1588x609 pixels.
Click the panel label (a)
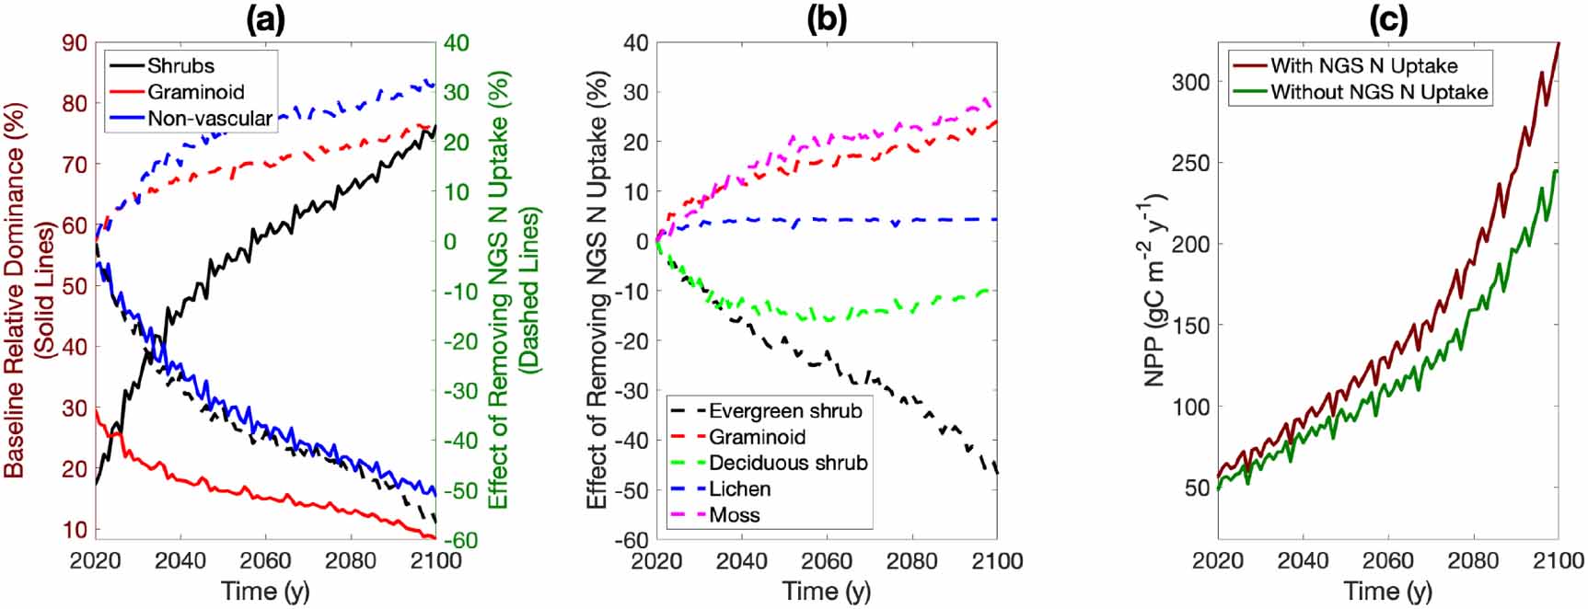click(x=265, y=20)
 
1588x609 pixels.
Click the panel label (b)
click(x=826, y=20)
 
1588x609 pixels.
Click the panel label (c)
click(x=1387, y=20)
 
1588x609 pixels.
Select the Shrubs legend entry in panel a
click(x=180, y=66)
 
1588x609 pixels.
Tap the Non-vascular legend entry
click(x=210, y=119)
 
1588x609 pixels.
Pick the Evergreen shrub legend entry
click(x=785, y=411)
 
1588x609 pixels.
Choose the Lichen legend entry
click(x=739, y=488)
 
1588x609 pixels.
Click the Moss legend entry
click(x=734, y=514)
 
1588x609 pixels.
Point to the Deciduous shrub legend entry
click(x=788, y=463)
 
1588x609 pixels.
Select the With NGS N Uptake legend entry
click(x=1364, y=66)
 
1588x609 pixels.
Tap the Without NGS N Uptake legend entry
click(x=1379, y=92)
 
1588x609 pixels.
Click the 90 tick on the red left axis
click(x=75, y=43)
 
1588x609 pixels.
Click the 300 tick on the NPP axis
click(x=1190, y=82)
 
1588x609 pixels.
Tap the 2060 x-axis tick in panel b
click(x=827, y=561)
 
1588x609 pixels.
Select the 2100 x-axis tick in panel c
click(x=1559, y=561)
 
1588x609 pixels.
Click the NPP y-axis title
click(x=1156, y=290)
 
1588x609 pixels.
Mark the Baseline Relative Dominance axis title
click(x=16, y=290)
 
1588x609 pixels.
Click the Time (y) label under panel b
click(x=826, y=591)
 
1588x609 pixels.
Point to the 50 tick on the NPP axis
click(x=1196, y=488)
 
